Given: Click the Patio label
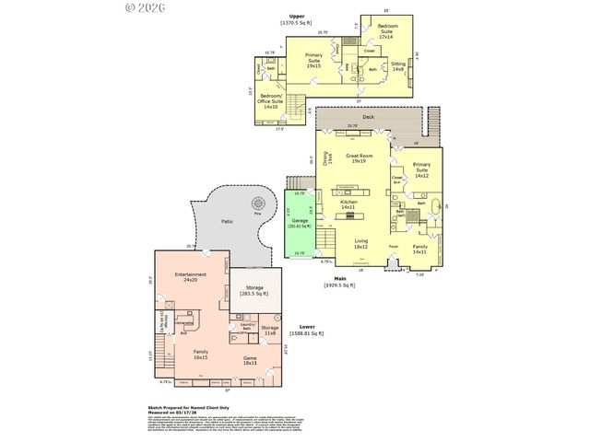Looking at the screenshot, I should click(x=227, y=222).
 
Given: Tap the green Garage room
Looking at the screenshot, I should click(x=298, y=223).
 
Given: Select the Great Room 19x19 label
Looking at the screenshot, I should click(x=358, y=158).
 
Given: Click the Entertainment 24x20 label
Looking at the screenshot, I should click(x=190, y=277).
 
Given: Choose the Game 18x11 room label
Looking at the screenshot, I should click(x=249, y=360).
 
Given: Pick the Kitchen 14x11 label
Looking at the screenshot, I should click(x=348, y=204).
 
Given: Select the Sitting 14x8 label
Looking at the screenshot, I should click(x=398, y=67).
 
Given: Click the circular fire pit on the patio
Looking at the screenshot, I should click(x=259, y=202).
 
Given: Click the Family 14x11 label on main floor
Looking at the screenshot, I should click(x=419, y=250).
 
